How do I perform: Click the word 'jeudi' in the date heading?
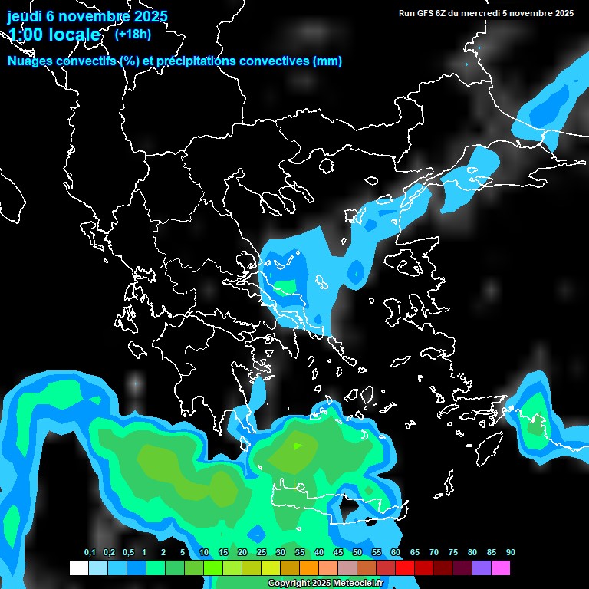(x=25, y=16)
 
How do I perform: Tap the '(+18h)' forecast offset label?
(x=133, y=34)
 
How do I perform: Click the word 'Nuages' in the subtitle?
(x=29, y=61)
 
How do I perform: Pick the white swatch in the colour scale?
(x=78, y=568)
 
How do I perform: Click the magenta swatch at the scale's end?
(x=501, y=568)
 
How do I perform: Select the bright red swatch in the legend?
(x=405, y=568)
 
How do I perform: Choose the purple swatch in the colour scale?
(x=482, y=568)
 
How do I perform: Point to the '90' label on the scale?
(x=511, y=552)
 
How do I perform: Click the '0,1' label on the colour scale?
(x=90, y=552)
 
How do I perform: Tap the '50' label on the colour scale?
(x=357, y=552)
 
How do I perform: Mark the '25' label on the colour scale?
(x=262, y=552)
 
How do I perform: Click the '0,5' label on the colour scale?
(x=128, y=552)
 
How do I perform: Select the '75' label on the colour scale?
(x=453, y=552)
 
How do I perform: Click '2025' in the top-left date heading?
(x=150, y=16)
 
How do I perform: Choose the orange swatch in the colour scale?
(x=309, y=568)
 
